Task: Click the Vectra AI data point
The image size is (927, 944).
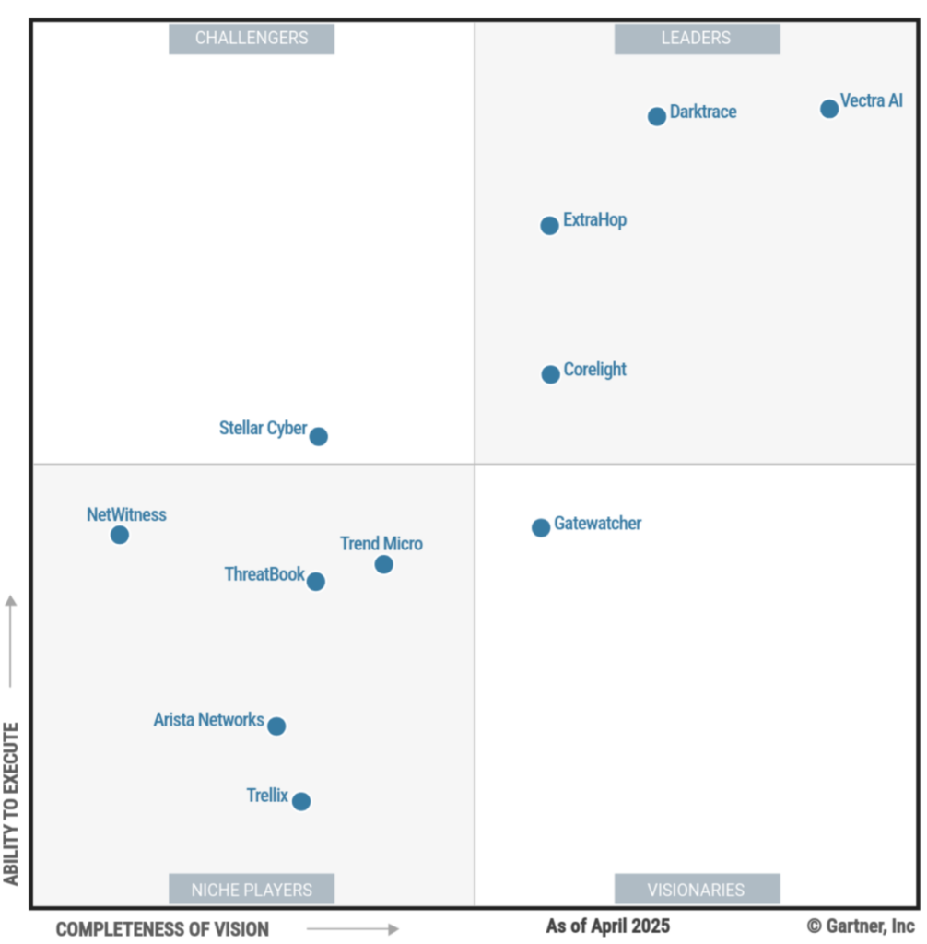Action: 829,109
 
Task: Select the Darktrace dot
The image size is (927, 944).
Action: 657,116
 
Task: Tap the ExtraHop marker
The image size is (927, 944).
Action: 549,225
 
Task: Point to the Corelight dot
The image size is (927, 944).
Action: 550,374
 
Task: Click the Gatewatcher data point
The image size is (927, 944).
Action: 541,527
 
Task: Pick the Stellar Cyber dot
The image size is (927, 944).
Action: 319,436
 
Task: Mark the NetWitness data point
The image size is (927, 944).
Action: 120,535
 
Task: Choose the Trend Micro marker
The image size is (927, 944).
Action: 384,564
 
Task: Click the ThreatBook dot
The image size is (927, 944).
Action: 316,582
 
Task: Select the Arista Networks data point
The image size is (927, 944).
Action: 276,726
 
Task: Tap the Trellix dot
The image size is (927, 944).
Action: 301,801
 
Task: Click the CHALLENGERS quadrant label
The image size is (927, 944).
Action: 252,39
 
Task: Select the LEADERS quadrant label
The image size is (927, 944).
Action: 697,39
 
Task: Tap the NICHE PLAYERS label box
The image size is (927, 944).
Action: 252,890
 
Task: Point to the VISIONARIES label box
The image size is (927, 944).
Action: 697,890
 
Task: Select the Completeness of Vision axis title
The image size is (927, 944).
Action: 163,929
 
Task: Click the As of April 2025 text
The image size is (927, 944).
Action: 608,926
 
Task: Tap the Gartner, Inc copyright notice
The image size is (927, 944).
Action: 862,926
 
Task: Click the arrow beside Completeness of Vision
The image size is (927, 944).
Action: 353,929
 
